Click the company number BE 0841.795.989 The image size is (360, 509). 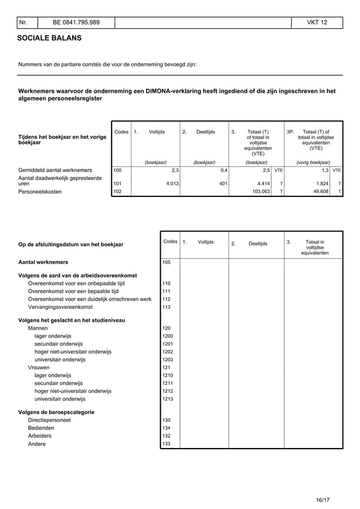[x=76, y=23]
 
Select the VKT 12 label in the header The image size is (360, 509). [x=317, y=23]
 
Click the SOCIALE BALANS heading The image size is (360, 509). [x=49, y=38]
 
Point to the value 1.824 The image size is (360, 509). [x=323, y=183]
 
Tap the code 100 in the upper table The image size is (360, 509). [x=118, y=169]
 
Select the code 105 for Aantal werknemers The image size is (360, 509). [x=166, y=262]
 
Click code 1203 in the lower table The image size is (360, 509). [x=168, y=359]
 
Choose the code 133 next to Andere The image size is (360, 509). [x=166, y=444]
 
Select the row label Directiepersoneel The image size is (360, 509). [x=49, y=420]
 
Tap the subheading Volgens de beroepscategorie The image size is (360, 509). [x=56, y=412]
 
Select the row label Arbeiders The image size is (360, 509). [x=39, y=436]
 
